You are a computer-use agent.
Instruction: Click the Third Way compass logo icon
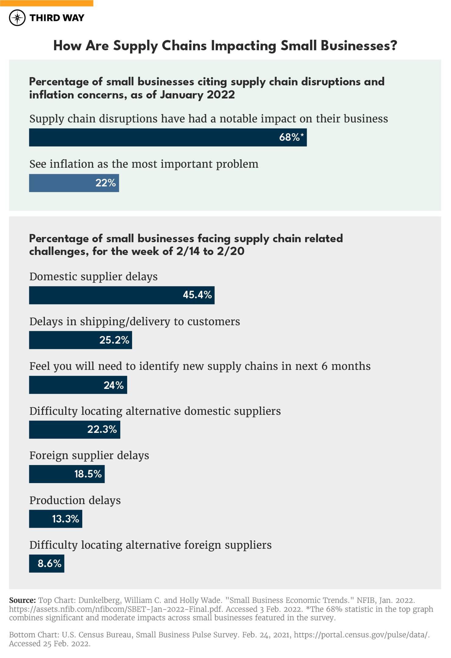[x=17, y=18]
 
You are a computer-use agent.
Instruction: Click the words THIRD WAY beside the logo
[x=57, y=18]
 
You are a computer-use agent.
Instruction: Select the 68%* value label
[x=291, y=137]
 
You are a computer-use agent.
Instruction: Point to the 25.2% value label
[x=114, y=340]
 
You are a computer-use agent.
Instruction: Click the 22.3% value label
[x=102, y=429]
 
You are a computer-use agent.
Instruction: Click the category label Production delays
[x=75, y=501]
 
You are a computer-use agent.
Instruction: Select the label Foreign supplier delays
[x=89, y=455]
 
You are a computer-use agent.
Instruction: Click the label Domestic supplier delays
[x=93, y=277]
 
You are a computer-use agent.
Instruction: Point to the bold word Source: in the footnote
[x=22, y=600]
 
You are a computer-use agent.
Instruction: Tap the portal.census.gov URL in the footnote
[x=361, y=635]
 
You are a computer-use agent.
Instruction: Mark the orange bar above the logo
[x=47, y=3]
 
